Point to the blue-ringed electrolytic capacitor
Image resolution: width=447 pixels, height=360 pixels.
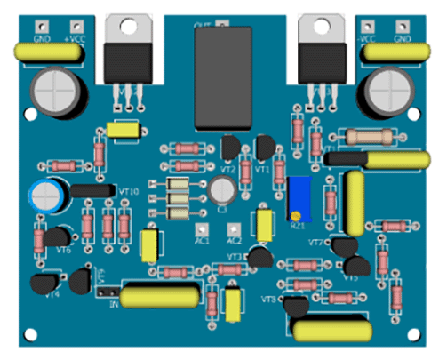(48, 194)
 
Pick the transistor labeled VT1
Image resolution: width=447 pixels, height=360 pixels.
(265, 148)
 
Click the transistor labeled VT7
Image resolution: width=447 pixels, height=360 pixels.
(345, 246)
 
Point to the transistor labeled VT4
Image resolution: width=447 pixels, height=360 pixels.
(42, 284)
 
